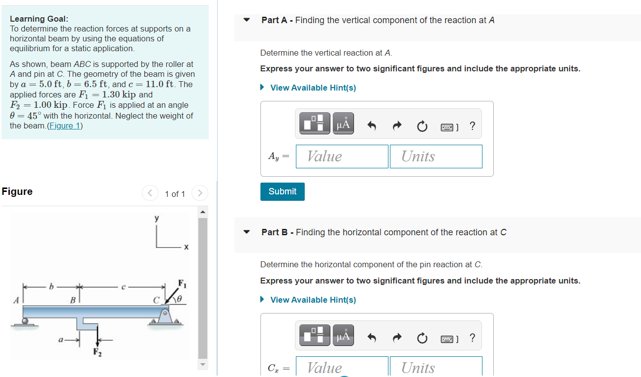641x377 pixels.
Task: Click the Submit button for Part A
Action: [x=282, y=191]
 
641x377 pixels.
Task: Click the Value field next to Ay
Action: [x=342, y=156]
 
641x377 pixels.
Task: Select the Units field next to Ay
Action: [x=436, y=156]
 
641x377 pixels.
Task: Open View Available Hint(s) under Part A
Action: [x=313, y=88]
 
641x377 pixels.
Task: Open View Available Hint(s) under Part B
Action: [x=313, y=300]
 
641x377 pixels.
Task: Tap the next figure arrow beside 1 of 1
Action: [x=199, y=193]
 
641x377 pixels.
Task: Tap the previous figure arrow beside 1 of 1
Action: [x=150, y=193]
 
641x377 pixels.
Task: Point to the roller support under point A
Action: [x=25, y=321]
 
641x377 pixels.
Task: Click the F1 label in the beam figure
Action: [x=181, y=283]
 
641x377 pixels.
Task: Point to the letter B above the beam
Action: [x=72, y=299]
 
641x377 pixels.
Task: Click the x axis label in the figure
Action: [x=186, y=247]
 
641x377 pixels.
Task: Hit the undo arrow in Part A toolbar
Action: [x=372, y=126]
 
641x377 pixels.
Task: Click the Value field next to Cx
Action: [x=342, y=367]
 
